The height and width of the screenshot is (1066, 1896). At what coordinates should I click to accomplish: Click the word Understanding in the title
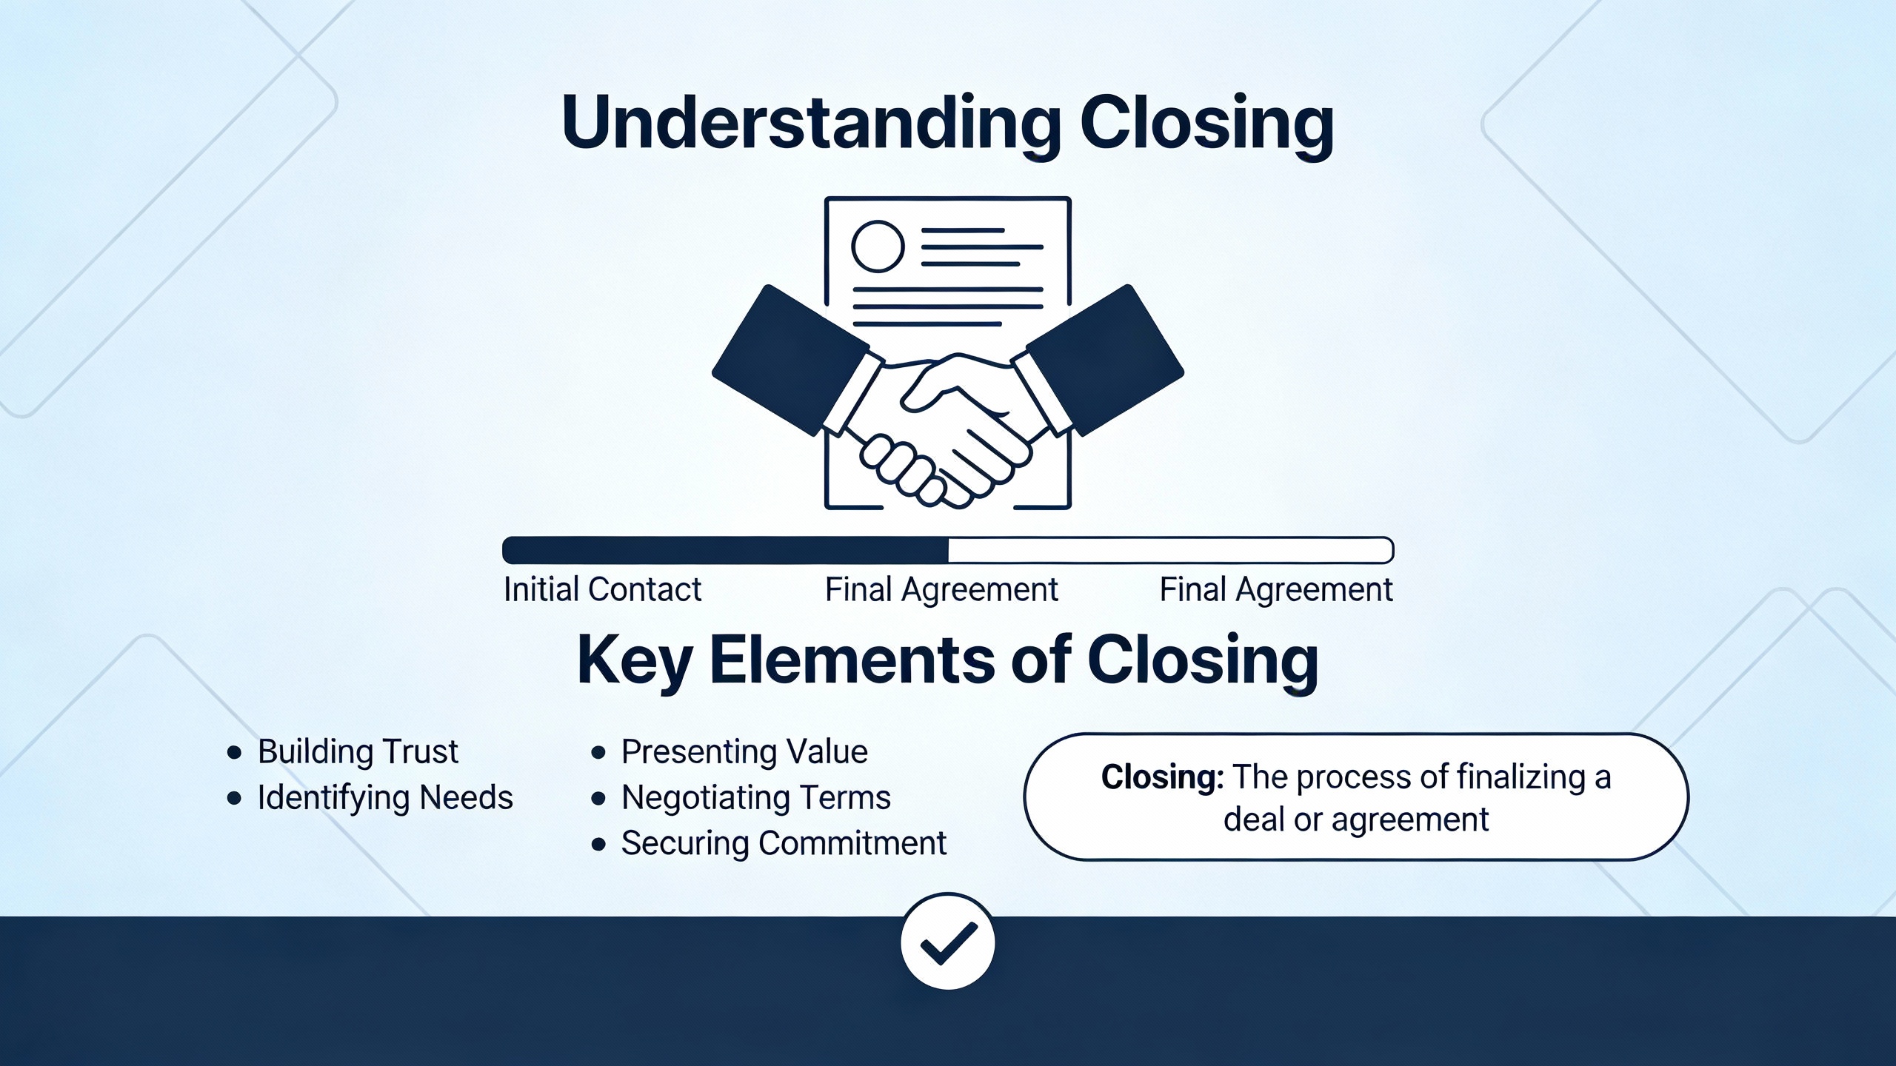tap(811, 124)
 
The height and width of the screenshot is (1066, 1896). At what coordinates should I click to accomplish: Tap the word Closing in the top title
tap(1206, 124)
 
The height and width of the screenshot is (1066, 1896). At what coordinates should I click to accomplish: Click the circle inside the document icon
tap(878, 246)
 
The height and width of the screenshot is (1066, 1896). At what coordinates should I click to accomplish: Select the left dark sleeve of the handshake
tap(789, 359)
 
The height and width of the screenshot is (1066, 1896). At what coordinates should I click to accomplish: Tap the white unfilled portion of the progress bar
tap(1170, 551)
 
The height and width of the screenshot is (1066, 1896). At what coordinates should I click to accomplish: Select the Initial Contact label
tap(602, 590)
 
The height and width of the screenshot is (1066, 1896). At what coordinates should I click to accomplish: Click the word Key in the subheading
tap(634, 660)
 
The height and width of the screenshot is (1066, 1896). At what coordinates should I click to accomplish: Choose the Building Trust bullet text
tap(358, 752)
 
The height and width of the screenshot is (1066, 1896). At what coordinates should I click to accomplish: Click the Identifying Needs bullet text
tap(385, 798)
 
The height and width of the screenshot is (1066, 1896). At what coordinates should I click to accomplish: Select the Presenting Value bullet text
tap(744, 752)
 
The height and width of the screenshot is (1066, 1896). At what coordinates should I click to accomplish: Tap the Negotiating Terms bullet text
tap(755, 798)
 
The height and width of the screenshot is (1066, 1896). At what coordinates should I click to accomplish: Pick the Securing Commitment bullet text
tap(784, 843)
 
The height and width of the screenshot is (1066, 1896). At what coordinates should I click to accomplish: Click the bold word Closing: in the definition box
tap(1161, 777)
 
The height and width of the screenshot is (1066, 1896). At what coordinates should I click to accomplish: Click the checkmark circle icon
tap(948, 942)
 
